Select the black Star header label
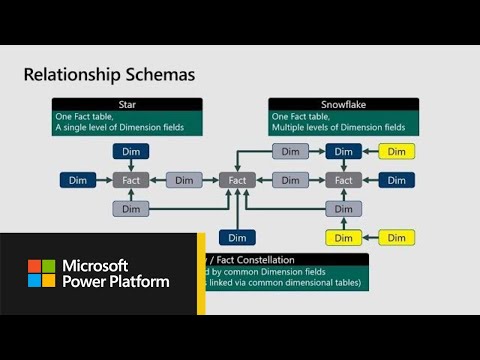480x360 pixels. click(x=128, y=103)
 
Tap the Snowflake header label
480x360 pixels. click(x=342, y=103)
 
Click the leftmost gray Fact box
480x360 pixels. click(x=131, y=180)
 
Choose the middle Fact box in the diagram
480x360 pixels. click(x=237, y=180)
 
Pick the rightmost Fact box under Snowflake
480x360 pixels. click(x=344, y=180)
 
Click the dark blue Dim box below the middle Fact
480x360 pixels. click(x=237, y=237)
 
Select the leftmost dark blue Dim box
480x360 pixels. click(x=78, y=180)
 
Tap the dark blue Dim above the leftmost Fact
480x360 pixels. click(x=131, y=151)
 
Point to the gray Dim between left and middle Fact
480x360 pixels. click(x=184, y=180)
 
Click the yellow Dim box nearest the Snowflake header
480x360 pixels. click(x=397, y=151)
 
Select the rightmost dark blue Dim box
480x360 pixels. click(x=397, y=180)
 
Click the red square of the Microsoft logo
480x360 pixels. click(x=34, y=266)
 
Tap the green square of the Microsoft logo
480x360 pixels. click(x=48, y=266)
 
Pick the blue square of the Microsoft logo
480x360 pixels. click(x=34, y=280)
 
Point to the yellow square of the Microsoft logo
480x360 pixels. click(x=48, y=280)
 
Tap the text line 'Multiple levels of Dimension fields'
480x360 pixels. click(x=338, y=127)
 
